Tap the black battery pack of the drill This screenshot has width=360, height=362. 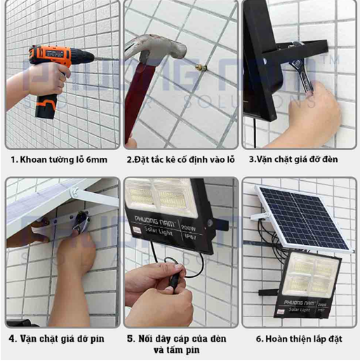click(46, 107)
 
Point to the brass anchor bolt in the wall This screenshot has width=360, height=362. click(201, 68)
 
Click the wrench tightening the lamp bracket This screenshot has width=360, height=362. click(302, 70)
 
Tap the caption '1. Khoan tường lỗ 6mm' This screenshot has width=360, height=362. click(59, 160)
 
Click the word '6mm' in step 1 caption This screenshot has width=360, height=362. click(97, 160)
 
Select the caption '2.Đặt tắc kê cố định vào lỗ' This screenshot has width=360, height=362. click(180, 159)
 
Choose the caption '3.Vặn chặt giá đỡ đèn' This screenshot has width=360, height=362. click(293, 159)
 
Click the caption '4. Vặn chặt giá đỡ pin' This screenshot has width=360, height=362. click(56, 339)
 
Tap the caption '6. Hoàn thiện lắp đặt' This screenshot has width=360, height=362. click(299, 339)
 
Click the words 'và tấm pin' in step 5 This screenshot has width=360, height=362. click(177, 350)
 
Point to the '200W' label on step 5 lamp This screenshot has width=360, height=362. click(189, 227)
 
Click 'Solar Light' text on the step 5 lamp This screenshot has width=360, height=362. click(159, 231)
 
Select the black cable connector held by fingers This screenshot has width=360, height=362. click(175, 279)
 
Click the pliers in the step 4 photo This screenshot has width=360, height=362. click(81, 222)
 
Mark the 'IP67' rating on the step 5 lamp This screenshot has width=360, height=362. click(191, 236)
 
